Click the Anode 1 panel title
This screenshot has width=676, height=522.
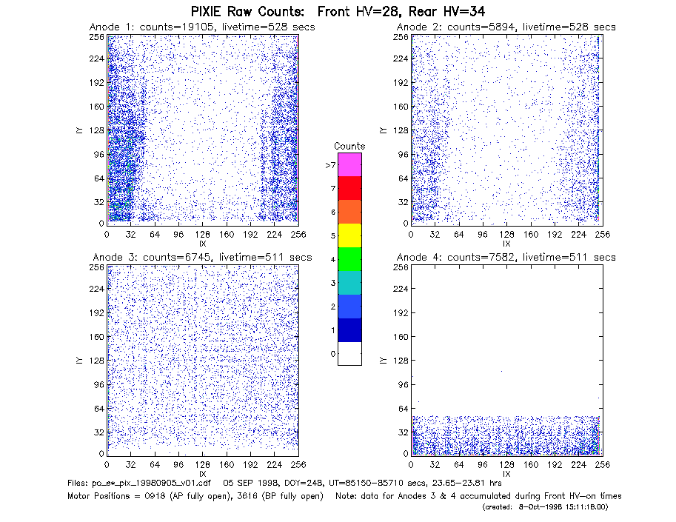pyautogui.click(x=202, y=27)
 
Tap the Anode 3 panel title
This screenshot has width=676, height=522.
pyautogui.click(x=202, y=257)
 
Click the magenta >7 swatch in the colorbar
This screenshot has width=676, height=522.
pyautogui.click(x=349, y=164)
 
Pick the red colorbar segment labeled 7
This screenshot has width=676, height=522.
pyautogui.click(x=349, y=188)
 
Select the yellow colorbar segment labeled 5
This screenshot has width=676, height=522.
pyautogui.click(x=349, y=235)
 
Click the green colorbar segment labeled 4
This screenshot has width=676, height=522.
pyautogui.click(x=349, y=259)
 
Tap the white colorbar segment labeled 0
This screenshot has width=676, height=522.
pyautogui.click(x=349, y=353)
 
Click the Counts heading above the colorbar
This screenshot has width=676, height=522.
pyautogui.click(x=349, y=146)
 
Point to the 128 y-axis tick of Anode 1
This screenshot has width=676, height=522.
pyautogui.click(x=97, y=130)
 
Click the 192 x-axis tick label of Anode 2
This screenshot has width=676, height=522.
pyautogui.click(x=555, y=234)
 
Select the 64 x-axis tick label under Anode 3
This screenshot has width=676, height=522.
pyautogui.click(x=155, y=464)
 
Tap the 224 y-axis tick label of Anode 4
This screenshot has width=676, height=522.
pyautogui.click(x=401, y=288)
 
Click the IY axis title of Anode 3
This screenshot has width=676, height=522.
pyautogui.click(x=79, y=360)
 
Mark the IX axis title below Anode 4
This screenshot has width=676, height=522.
pyautogui.click(x=506, y=473)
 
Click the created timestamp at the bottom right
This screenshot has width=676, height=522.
pyautogui.click(x=545, y=507)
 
